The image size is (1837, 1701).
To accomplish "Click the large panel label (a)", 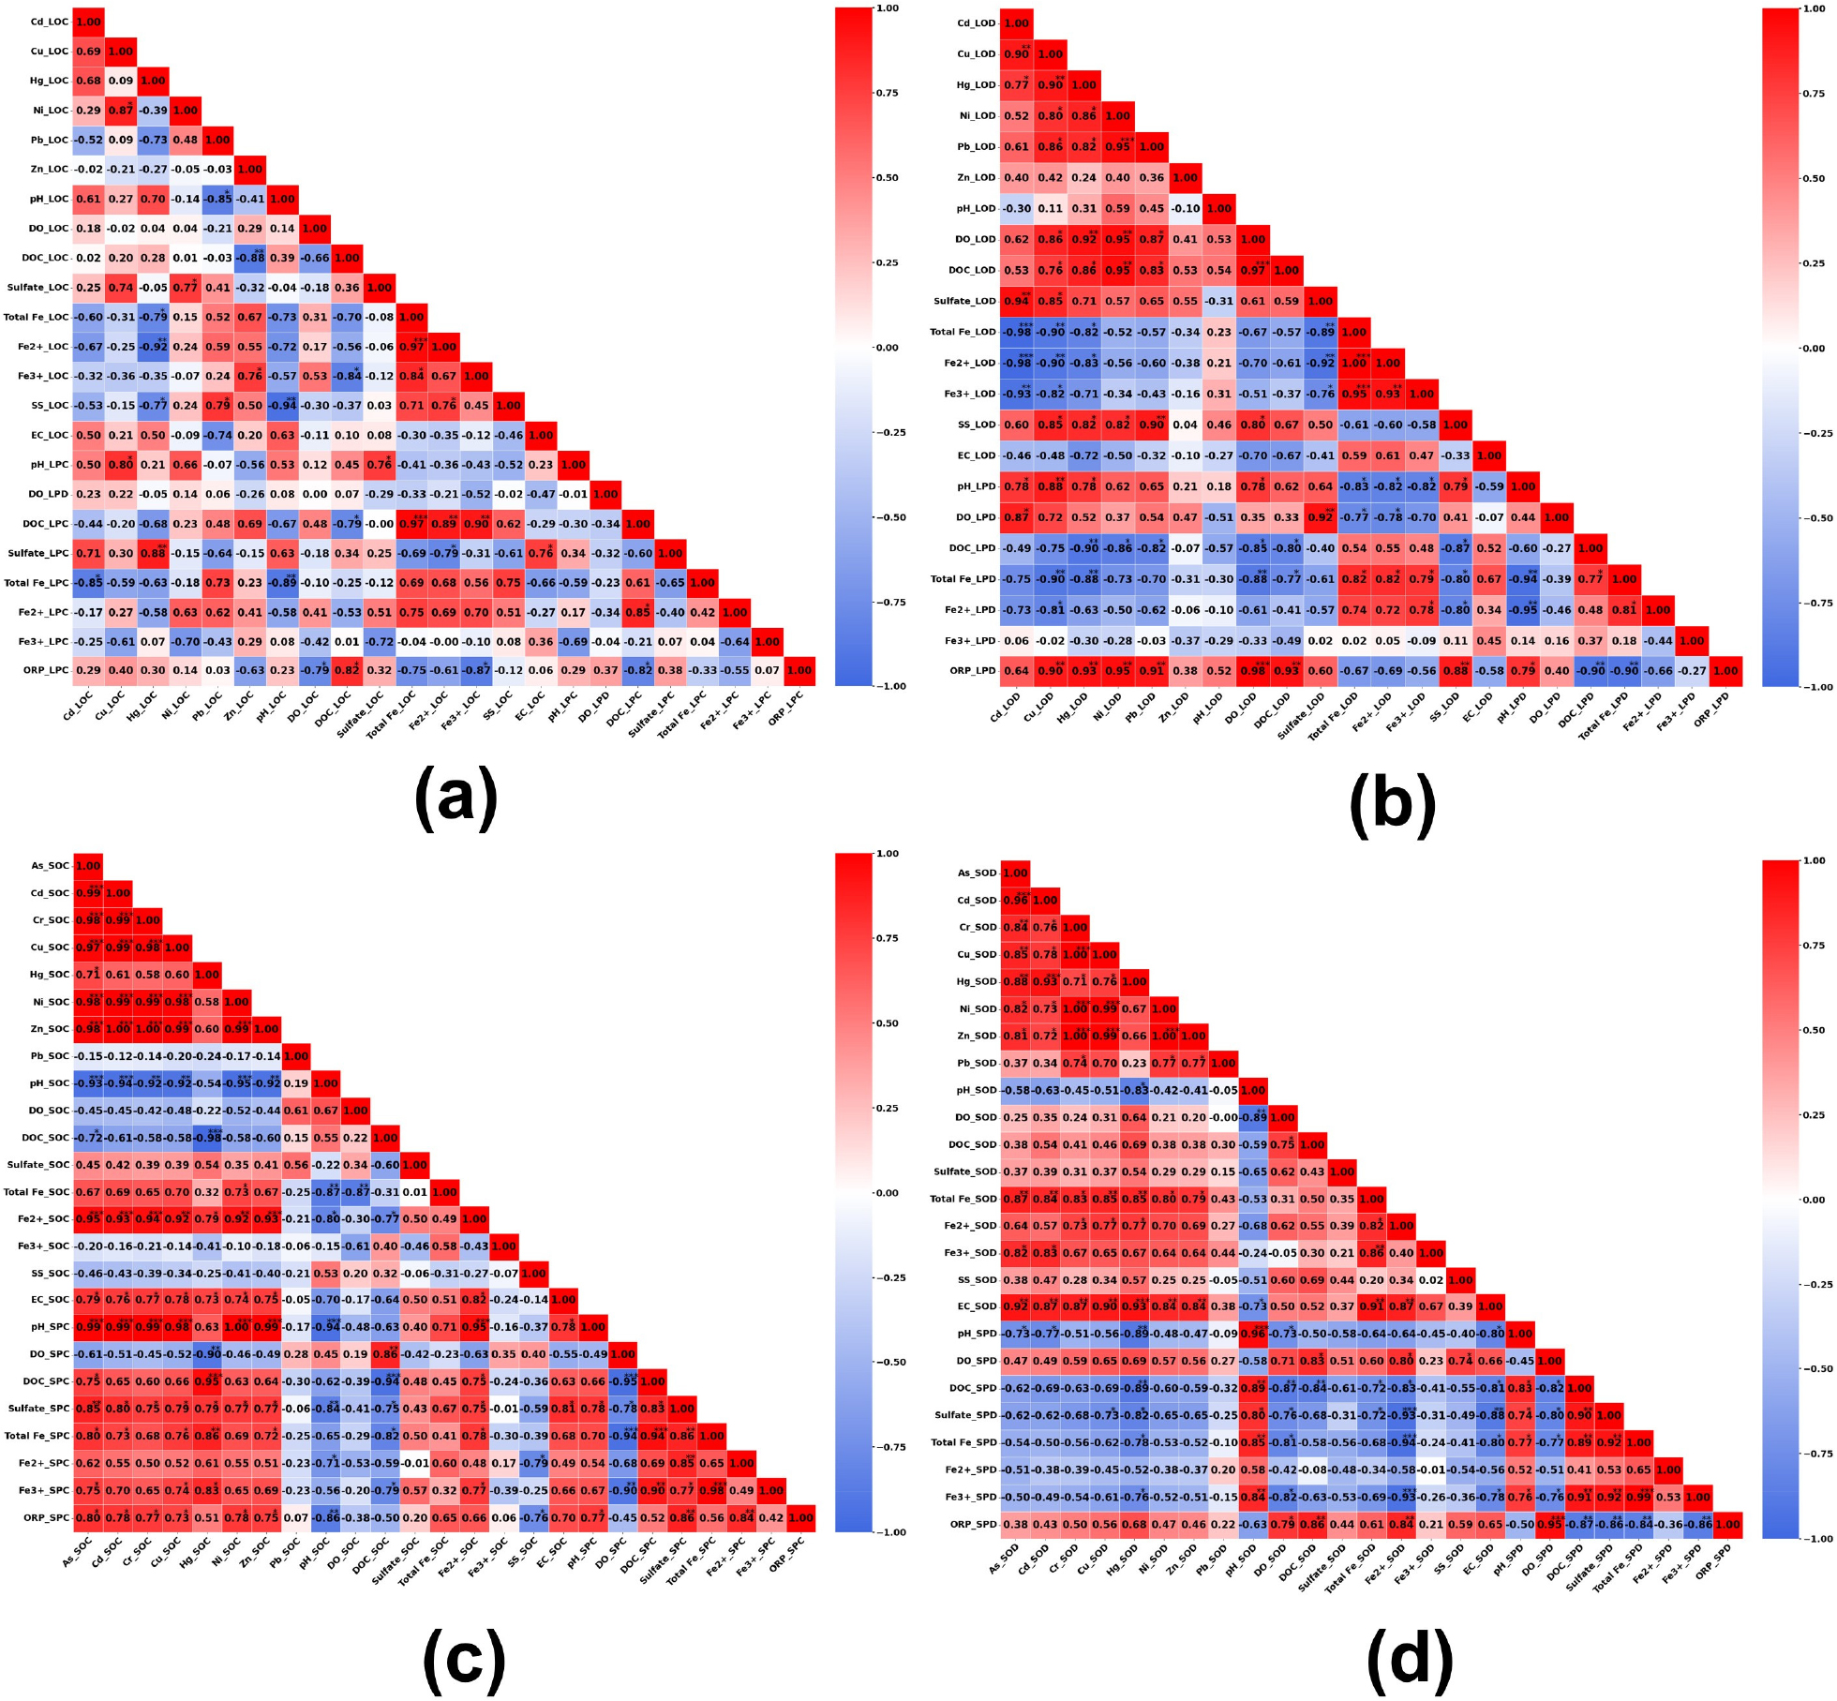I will click(x=456, y=798).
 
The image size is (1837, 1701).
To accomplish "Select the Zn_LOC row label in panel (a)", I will click(x=49, y=170).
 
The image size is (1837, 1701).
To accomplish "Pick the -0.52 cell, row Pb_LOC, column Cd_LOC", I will click(x=88, y=140).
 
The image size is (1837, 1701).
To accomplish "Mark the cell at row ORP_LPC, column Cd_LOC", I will click(x=88, y=671).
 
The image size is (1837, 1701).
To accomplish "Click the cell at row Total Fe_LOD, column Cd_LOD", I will click(x=1016, y=332).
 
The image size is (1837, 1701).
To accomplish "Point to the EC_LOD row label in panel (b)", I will click(x=976, y=455).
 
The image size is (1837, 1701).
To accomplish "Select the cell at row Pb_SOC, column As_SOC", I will click(x=88, y=1056).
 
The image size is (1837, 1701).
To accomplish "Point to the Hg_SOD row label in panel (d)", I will click(x=977, y=981).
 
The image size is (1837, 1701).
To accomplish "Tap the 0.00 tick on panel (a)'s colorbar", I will click(x=888, y=348).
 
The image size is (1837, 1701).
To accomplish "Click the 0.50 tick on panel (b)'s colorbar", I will click(x=1816, y=178).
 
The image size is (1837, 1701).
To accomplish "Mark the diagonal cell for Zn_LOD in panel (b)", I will click(x=1185, y=177).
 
